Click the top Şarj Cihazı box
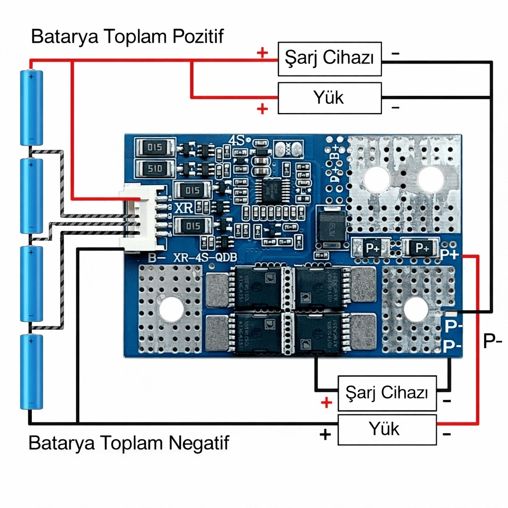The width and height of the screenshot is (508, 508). (329, 59)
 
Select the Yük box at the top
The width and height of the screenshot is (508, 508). (329, 98)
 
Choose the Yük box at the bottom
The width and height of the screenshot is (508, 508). (387, 429)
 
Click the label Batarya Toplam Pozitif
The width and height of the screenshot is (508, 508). (127, 37)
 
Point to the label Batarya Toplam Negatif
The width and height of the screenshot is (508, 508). (129, 443)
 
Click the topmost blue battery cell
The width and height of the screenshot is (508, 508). (31, 108)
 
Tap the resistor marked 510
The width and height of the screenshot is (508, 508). (155, 169)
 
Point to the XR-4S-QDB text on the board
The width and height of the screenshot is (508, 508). (205, 257)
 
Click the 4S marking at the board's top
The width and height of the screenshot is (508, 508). (237, 140)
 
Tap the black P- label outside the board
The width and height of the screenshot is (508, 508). (492, 340)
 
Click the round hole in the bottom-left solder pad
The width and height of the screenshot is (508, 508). (170, 309)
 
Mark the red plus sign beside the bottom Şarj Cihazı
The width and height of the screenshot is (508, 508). (326, 402)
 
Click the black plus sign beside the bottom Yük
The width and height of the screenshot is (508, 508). (325, 435)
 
